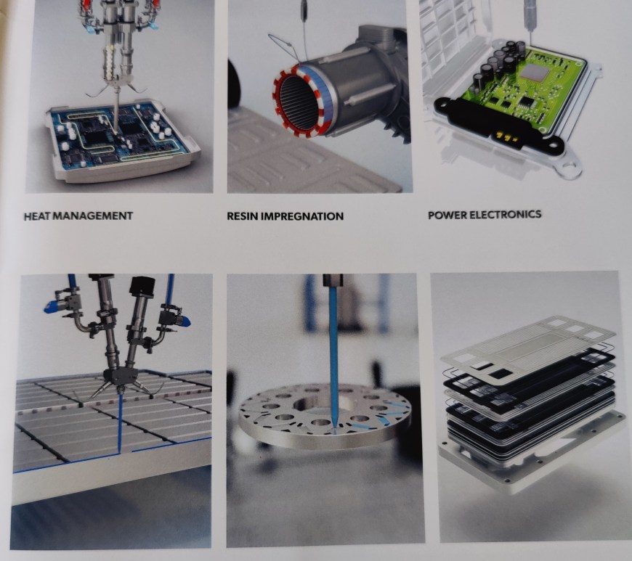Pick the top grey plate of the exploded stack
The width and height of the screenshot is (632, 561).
pos(527,345)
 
